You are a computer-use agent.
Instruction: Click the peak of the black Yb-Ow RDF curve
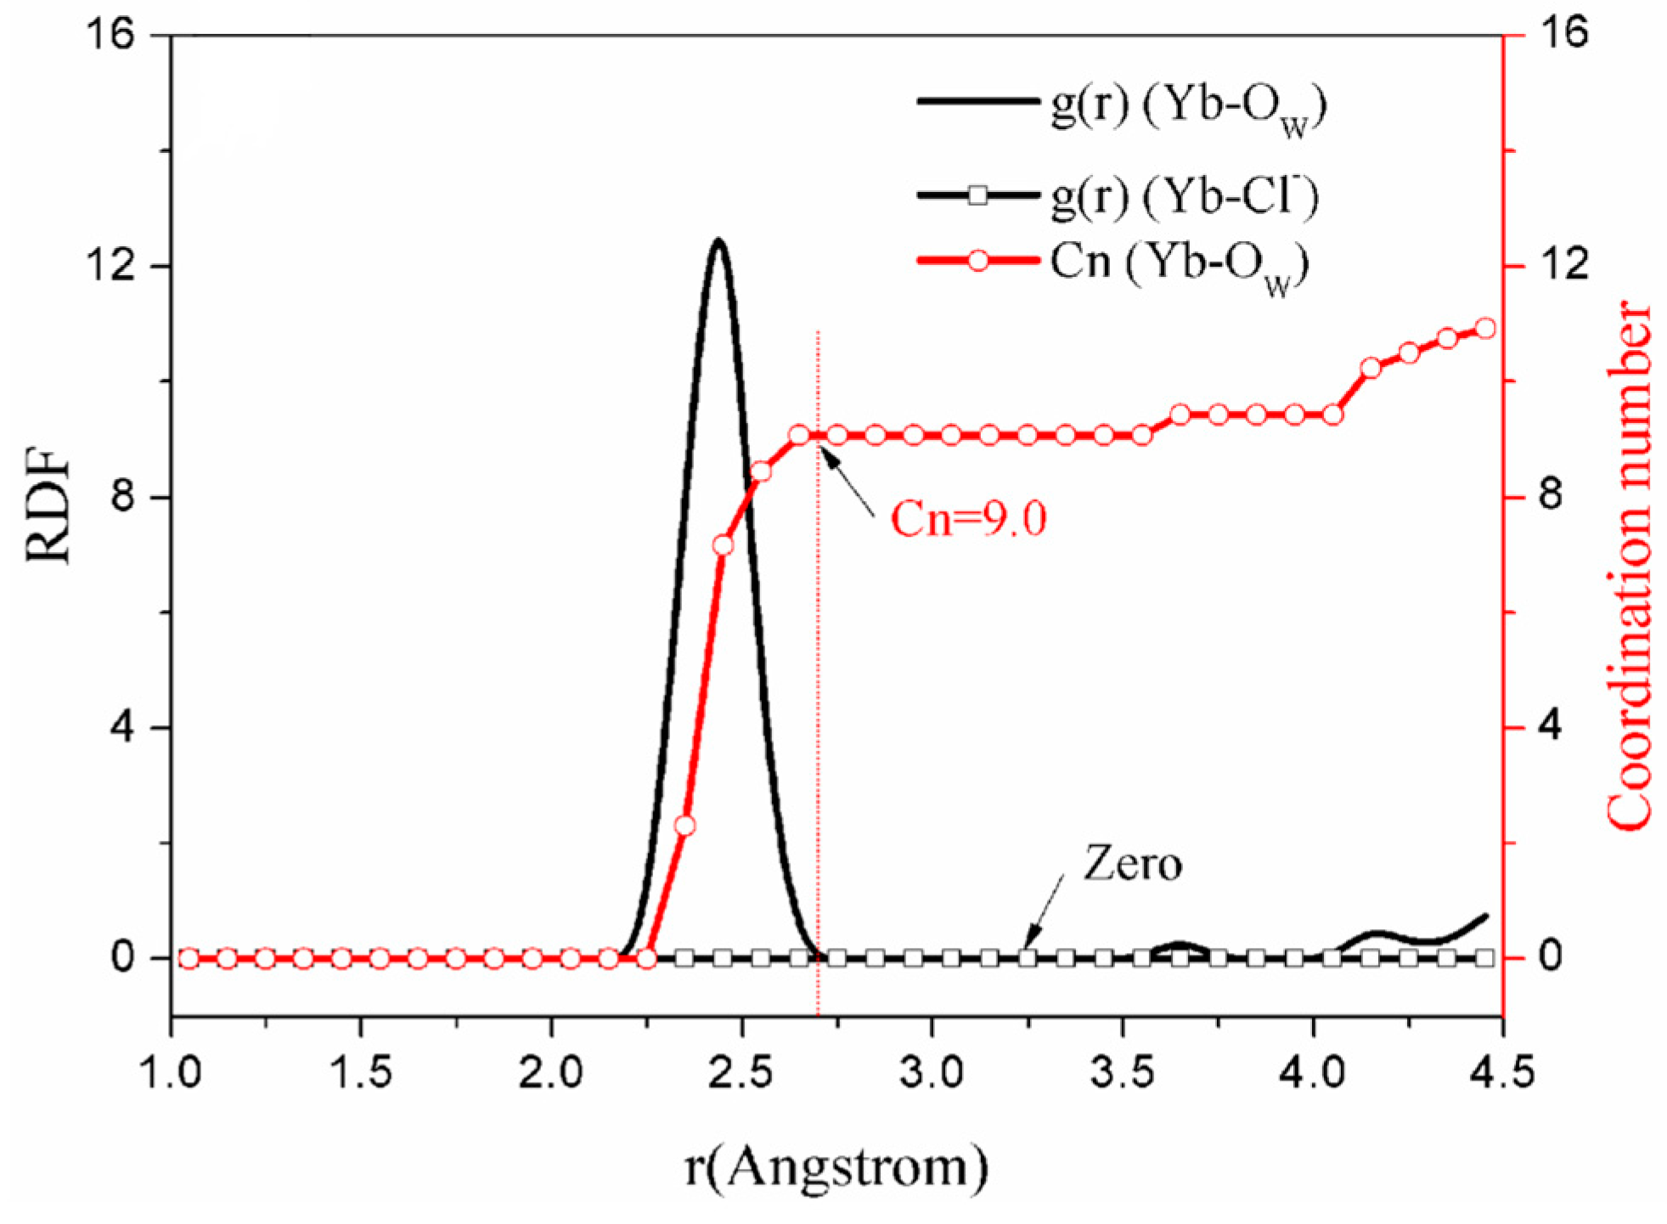point(718,241)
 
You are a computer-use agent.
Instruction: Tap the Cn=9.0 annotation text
point(968,518)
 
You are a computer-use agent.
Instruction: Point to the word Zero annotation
point(1132,865)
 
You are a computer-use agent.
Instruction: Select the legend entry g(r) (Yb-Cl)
point(1185,197)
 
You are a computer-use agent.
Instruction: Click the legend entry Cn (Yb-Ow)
point(1180,263)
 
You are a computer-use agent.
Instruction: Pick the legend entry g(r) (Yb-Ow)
point(1188,105)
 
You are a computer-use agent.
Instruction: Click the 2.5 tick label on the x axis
point(741,1073)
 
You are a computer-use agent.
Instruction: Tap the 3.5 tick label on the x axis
point(1123,1073)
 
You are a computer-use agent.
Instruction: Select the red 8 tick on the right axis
point(1551,496)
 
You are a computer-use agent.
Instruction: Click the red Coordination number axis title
point(1629,564)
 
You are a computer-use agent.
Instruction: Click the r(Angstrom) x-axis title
point(836,1168)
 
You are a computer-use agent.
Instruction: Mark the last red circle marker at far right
point(1484,329)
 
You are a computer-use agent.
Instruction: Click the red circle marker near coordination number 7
point(723,544)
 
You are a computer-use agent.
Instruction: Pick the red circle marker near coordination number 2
point(684,826)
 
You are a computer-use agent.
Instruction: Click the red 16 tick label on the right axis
point(1561,35)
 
